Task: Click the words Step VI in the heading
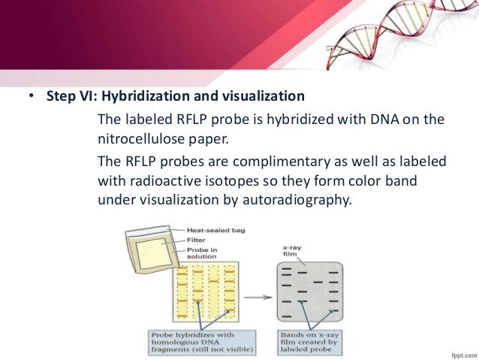(x=62, y=98)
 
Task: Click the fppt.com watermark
(x=456, y=351)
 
